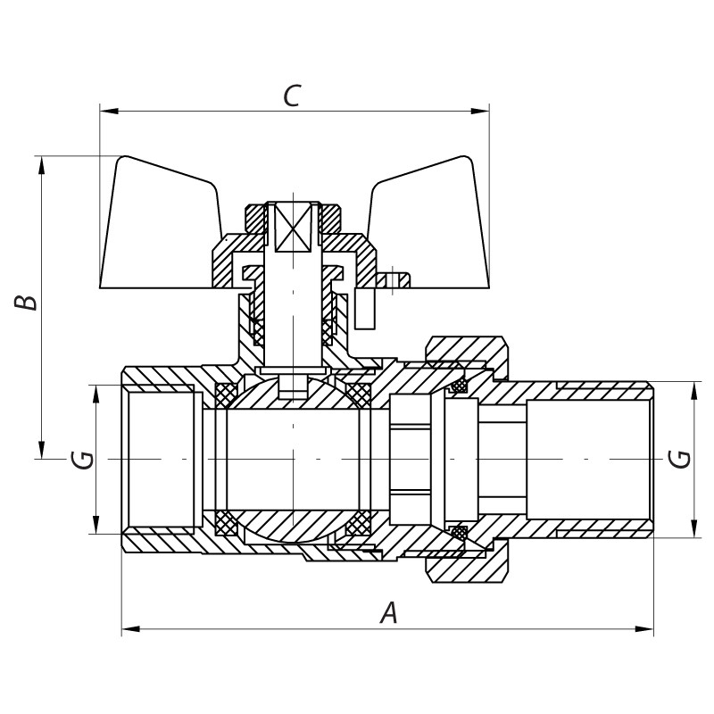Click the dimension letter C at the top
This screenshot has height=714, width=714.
coord(291,95)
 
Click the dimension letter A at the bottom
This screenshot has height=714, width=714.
coord(388,613)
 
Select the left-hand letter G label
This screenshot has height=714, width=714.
coord(81,460)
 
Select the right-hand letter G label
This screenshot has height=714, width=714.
coord(680,459)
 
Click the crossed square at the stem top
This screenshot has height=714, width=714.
coord(294,228)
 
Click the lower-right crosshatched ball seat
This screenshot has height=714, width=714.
coord(359,524)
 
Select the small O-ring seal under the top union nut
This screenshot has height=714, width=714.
coord(461,386)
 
